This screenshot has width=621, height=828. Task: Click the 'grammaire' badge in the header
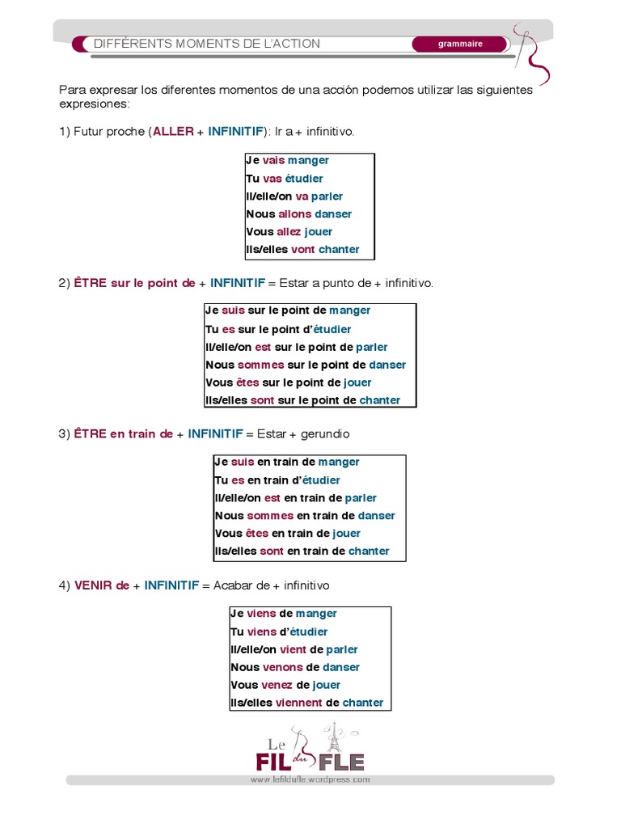click(460, 44)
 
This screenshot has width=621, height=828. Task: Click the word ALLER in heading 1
click(173, 131)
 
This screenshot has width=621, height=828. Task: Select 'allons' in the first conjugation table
click(294, 214)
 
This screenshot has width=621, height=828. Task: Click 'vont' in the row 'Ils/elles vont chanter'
click(303, 250)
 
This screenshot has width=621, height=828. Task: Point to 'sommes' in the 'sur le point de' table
click(260, 365)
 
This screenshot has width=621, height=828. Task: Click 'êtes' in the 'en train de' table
click(256, 534)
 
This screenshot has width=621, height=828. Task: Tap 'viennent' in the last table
click(298, 703)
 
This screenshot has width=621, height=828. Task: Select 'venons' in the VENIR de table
click(282, 667)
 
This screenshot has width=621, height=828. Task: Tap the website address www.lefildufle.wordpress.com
click(310, 780)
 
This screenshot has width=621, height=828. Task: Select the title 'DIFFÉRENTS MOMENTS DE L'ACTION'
click(207, 44)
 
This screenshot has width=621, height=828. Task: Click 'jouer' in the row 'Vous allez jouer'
click(319, 232)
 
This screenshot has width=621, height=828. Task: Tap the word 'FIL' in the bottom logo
click(273, 762)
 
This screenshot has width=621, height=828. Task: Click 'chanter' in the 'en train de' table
click(369, 551)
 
